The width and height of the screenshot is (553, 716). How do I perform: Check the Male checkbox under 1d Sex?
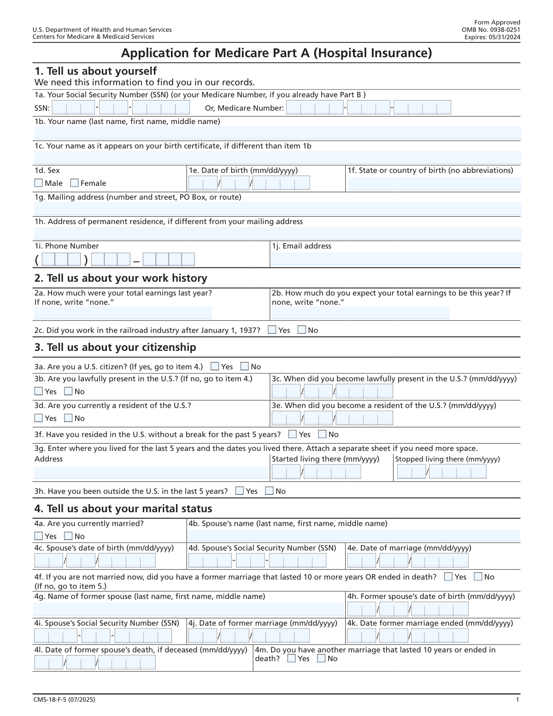tap(39, 183)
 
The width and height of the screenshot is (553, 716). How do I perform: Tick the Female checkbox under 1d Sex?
tap(74, 183)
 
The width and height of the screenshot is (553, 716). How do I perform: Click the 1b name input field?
tap(276, 133)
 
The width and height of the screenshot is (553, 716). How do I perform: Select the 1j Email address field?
tap(395, 259)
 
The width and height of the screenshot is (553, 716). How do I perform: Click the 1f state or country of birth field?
tap(434, 183)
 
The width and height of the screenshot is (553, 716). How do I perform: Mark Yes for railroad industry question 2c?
tap(272, 330)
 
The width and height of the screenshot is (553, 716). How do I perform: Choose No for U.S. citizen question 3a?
tap(245, 367)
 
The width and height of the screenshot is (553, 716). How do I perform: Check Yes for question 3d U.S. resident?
tap(39, 418)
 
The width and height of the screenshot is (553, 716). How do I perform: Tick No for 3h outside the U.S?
tap(269, 491)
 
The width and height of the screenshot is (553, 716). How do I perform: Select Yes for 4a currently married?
tap(39, 536)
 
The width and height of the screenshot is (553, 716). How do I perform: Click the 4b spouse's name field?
tap(353, 536)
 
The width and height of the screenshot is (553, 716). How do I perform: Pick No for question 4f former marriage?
tap(478, 577)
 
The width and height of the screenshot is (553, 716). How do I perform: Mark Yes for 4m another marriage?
tap(291, 658)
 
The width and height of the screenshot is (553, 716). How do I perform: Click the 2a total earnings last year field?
tap(123, 313)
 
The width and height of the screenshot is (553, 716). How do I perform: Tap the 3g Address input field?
tap(151, 472)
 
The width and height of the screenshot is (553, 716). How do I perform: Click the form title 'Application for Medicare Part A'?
tap(276, 53)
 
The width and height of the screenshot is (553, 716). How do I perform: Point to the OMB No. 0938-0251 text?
tap(491, 30)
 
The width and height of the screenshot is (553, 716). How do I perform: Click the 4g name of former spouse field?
tap(188, 609)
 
